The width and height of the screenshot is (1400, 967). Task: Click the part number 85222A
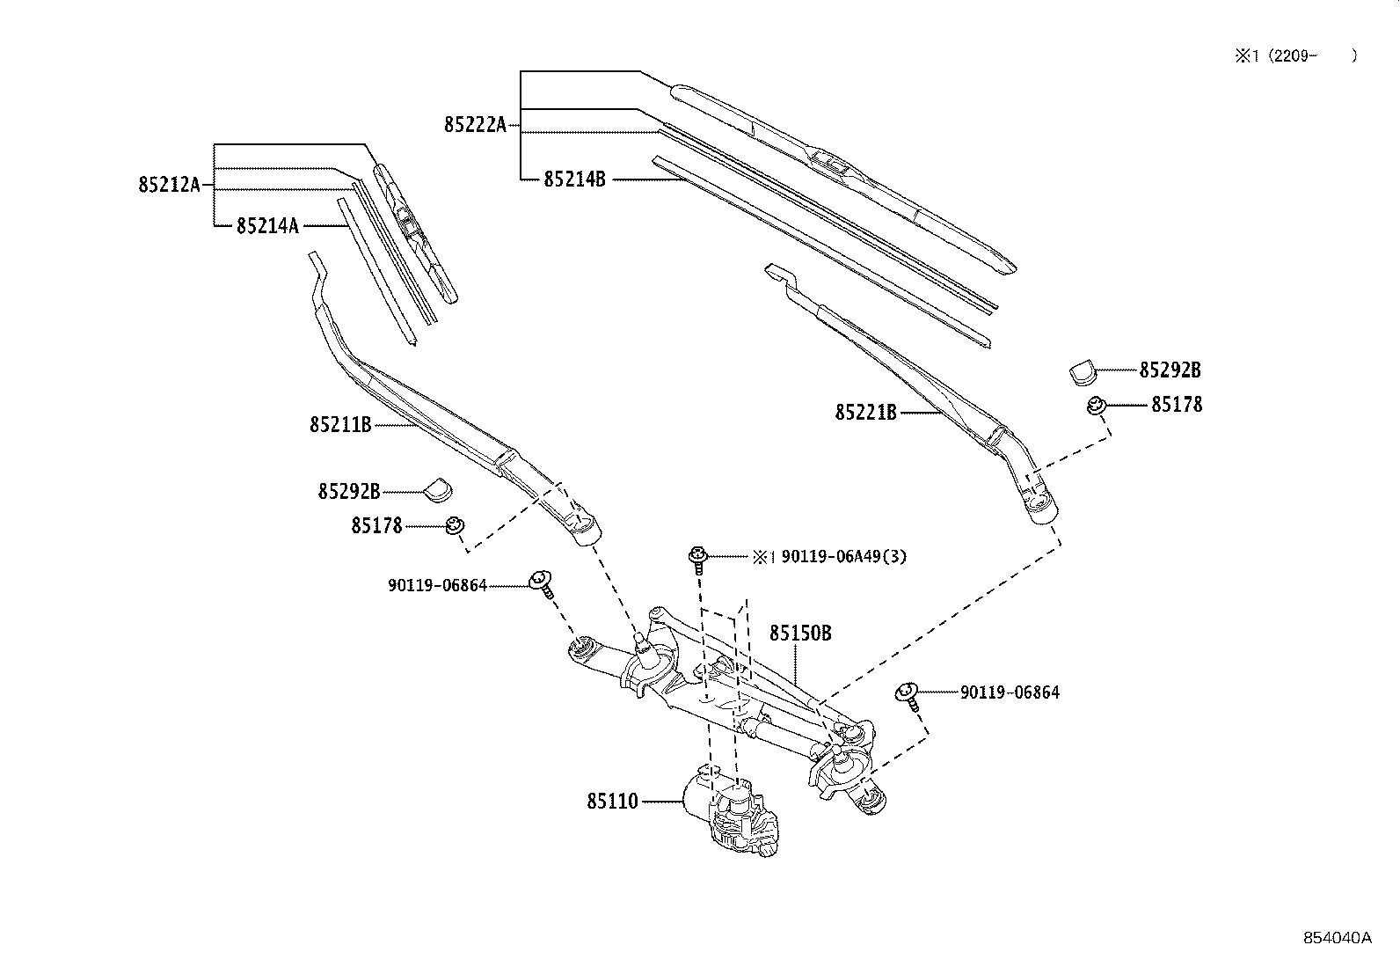tap(475, 125)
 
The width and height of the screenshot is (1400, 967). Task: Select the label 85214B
tap(574, 179)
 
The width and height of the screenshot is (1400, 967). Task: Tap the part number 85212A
tap(169, 185)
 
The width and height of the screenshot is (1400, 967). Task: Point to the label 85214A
tap(267, 226)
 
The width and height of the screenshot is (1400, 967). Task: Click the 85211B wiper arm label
tap(340, 425)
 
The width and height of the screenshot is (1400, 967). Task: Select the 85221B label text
tap(865, 412)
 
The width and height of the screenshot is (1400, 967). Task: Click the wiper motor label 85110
tap(613, 802)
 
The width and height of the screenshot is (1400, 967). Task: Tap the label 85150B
tap(800, 634)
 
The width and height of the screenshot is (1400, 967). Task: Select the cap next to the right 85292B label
tap(1083, 371)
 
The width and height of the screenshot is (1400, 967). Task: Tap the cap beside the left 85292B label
tap(437, 488)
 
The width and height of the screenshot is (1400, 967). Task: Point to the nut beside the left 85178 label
tap(454, 525)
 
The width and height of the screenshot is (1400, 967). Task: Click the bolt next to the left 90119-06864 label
tap(541, 582)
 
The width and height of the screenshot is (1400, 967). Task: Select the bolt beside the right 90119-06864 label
tap(907, 694)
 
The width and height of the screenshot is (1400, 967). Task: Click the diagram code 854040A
tap(1337, 937)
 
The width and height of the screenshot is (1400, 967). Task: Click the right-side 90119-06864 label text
tap(1010, 692)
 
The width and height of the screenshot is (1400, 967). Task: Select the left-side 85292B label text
tap(349, 491)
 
